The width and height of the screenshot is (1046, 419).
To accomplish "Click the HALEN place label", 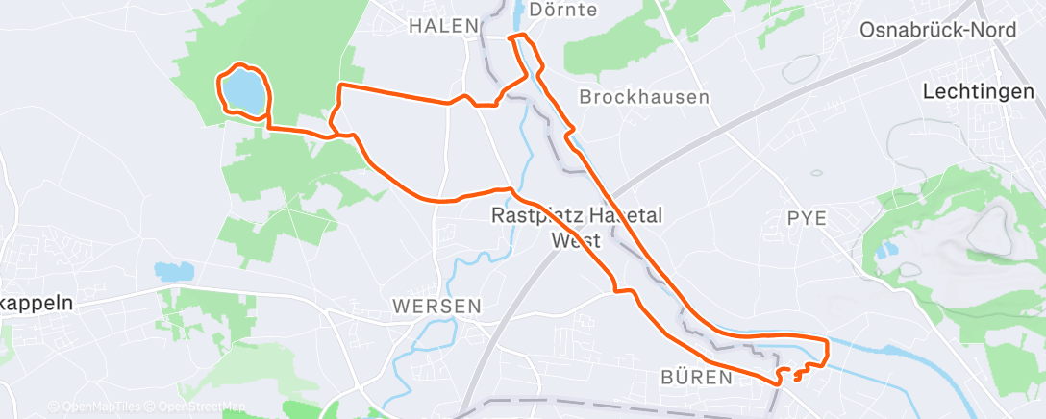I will (443, 26).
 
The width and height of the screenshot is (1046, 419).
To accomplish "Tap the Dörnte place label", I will (562, 10).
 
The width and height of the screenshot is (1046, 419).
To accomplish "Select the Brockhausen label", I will (644, 97).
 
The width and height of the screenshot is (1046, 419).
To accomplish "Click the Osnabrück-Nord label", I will (937, 30).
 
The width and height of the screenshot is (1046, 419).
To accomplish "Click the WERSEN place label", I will (436, 306).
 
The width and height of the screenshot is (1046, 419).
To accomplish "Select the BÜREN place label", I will (697, 378).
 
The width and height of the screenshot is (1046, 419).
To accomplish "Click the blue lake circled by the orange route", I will (243, 91).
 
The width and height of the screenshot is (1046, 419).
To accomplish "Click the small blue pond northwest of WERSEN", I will (173, 272).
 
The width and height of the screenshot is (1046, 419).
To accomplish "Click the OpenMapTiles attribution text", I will (95, 407).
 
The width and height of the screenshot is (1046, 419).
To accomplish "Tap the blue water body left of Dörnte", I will (519, 13).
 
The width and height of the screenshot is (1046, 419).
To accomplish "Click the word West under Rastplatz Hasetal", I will (576, 240).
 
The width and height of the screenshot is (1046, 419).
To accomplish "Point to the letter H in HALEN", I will (415, 26).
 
